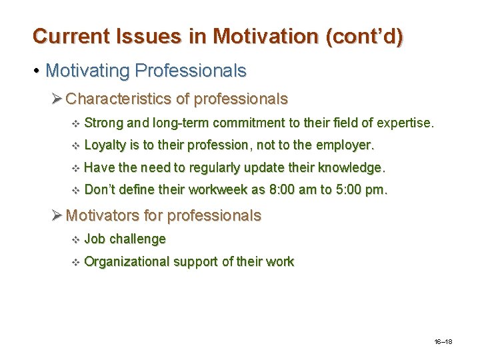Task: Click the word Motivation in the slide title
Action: coord(258,36)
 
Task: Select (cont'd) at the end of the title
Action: coord(364,36)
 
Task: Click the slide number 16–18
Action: coord(442,341)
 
